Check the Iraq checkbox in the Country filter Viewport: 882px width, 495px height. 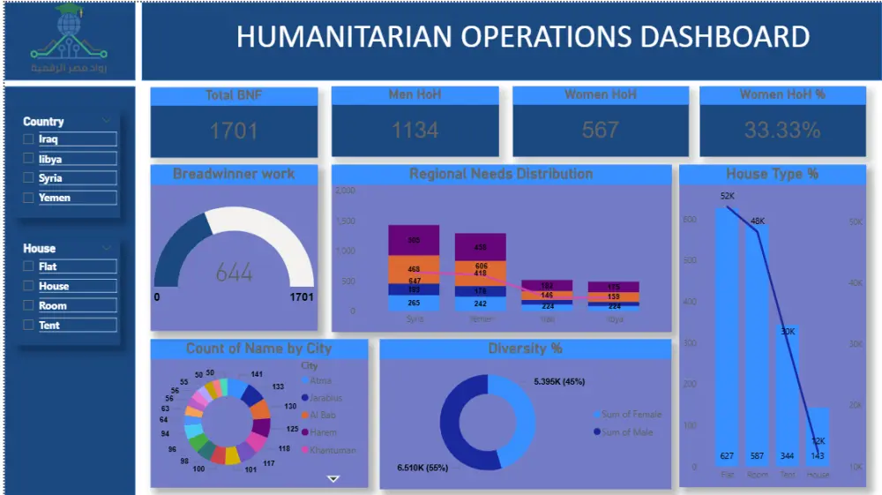29,139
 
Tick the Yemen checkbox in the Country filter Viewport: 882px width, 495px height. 29,198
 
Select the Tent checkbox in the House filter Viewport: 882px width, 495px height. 29,326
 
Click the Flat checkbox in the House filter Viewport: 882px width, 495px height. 29,266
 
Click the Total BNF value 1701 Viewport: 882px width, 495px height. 233,131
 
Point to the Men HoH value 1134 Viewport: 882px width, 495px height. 415,131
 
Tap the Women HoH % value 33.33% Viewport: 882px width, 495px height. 781,131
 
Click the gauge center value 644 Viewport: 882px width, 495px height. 234,273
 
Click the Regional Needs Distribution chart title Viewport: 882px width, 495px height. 501,174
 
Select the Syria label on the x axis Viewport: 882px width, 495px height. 415,319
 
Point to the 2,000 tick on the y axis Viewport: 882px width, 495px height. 346,191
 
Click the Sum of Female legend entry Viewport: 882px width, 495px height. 630,414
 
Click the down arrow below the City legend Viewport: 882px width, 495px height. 333,478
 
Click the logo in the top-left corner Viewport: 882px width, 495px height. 70,40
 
